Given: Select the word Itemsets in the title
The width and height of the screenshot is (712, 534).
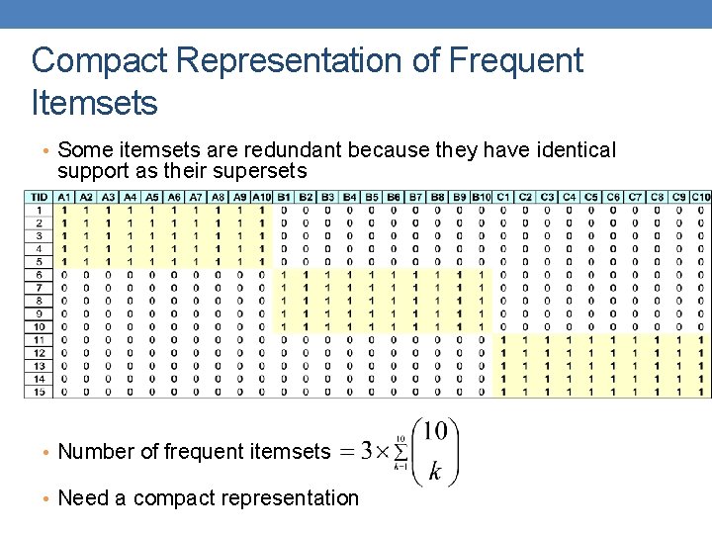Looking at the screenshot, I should (x=95, y=101).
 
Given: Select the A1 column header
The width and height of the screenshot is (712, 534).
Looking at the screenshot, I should (x=64, y=198).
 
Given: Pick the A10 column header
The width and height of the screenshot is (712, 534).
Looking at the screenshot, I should (x=261, y=198).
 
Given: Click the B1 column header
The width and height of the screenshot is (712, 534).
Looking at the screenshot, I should (x=284, y=198).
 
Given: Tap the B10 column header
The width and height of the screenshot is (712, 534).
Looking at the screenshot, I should (x=481, y=198).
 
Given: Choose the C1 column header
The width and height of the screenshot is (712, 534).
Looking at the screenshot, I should (x=503, y=198).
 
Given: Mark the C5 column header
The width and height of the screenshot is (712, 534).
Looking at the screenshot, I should (x=590, y=198).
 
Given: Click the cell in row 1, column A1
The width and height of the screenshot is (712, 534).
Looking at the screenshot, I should (x=64, y=211).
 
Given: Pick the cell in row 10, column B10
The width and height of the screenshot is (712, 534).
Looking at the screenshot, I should (x=481, y=326).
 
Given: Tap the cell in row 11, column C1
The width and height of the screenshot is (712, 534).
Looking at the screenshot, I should (x=503, y=339).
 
